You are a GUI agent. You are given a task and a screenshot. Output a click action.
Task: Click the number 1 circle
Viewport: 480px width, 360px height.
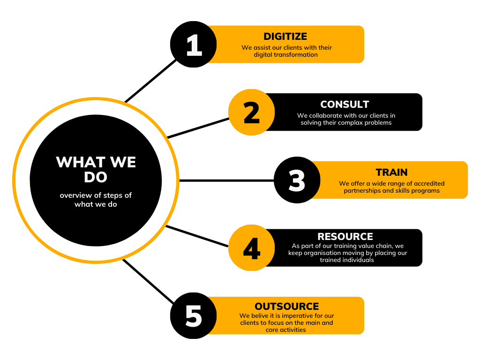point(193,45)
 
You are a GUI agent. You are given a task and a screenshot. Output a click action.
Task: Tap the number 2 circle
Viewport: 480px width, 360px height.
point(252,112)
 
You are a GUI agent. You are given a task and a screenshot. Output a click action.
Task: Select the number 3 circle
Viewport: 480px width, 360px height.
point(297,180)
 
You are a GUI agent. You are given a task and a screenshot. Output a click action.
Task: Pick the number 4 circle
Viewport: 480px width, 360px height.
point(252,248)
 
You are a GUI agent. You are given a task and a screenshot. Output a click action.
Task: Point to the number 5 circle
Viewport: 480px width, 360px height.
point(193,316)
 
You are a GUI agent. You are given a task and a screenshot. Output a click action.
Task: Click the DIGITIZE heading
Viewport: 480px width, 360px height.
point(285,37)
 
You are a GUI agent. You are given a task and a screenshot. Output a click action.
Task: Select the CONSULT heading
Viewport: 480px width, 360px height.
point(345,105)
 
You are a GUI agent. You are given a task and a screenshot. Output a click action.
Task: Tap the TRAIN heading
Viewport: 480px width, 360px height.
point(391,172)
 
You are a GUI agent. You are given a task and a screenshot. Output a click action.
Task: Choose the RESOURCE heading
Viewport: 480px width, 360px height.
point(345,237)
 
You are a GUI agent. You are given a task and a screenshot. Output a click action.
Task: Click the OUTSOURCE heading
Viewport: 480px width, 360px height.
point(286,307)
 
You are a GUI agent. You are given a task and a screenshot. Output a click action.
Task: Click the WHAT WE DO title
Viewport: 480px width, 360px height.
point(96,169)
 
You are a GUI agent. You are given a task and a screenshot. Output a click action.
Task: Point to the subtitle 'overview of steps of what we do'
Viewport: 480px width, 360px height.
point(96,200)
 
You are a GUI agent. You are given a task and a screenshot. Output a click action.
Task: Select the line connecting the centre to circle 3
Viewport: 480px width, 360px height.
point(225,180)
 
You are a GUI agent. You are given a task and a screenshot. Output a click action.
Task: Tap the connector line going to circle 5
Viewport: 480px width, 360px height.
point(148,281)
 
